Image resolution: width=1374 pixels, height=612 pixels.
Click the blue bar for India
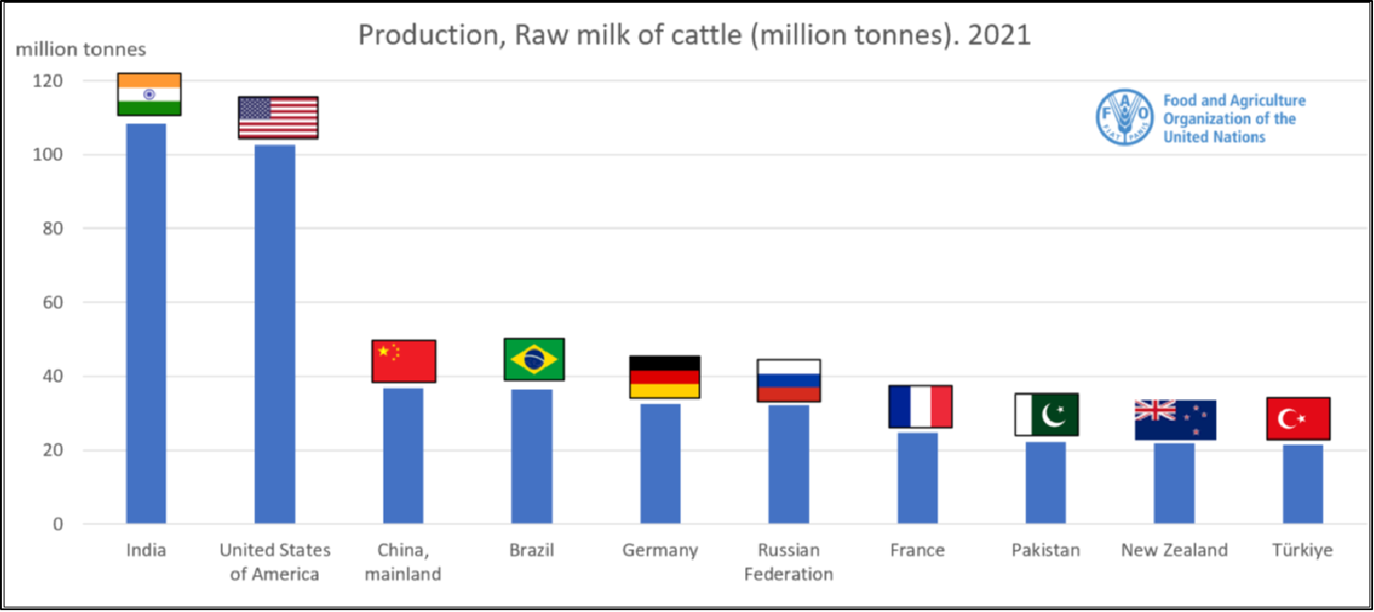click(146, 324)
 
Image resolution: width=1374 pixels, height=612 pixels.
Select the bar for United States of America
click(275, 333)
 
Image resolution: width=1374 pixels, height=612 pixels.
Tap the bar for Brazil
click(533, 456)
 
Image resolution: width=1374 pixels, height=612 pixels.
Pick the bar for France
click(917, 478)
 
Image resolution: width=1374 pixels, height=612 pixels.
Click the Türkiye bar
click(1303, 483)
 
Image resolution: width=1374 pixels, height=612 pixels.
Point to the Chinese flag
click(403, 361)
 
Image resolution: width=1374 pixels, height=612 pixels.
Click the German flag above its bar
click(664, 377)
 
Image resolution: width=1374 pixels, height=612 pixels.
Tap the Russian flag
click(788, 380)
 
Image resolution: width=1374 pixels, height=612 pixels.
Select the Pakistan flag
click(1046, 414)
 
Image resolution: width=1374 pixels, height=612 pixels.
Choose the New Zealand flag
click(1175, 420)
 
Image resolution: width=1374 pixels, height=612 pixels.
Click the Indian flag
click(149, 94)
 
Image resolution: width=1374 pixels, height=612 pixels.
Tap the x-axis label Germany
click(660, 550)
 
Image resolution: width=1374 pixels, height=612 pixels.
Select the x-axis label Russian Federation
click(788, 562)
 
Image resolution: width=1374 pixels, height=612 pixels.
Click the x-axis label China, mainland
click(403, 562)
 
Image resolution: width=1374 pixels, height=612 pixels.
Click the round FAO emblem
click(1123, 118)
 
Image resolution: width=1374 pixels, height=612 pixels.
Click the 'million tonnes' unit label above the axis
click(81, 49)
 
